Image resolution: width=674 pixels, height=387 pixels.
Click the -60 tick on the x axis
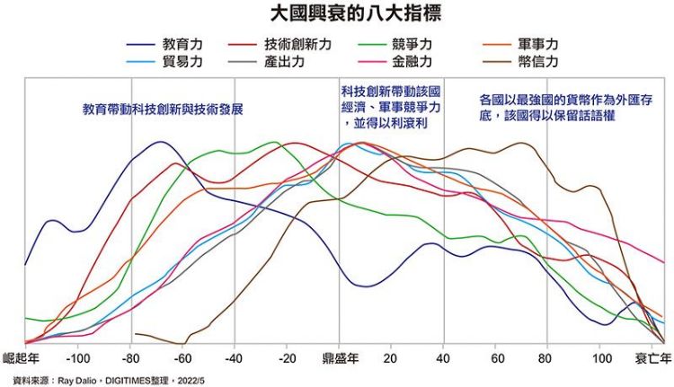(x=182, y=357)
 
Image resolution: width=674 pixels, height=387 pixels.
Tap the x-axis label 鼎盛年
(x=341, y=357)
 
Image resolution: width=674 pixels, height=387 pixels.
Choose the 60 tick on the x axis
(x=495, y=357)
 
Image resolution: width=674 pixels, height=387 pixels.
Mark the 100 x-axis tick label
(x=600, y=357)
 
